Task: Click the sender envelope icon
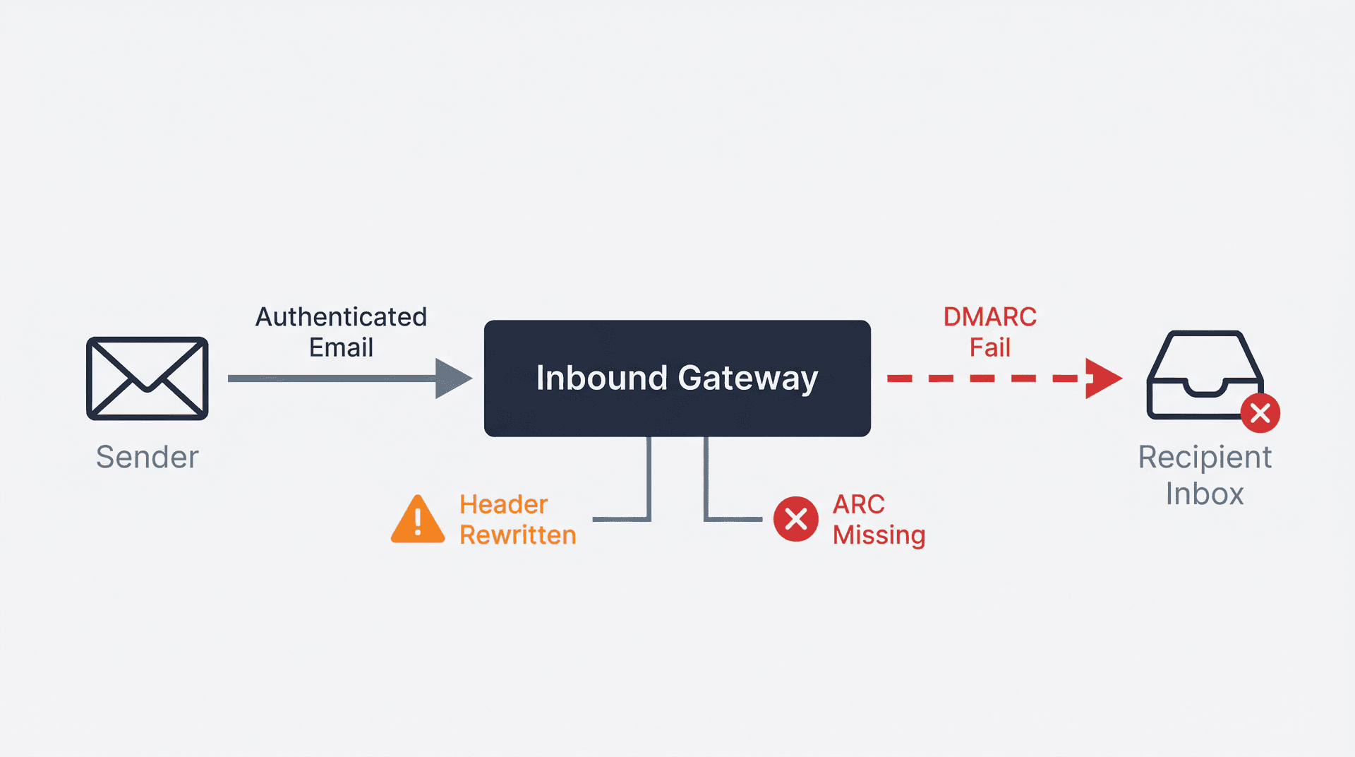pyautogui.click(x=147, y=378)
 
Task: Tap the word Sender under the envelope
pyautogui.click(x=147, y=457)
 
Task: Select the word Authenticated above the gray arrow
pyautogui.click(x=341, y=317)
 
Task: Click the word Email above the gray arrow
pyautogui.click(x=341, y=347)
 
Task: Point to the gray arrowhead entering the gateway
pyautogui.click(x=452, y=378)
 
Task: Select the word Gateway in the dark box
pyautogui.click(x=748, y=379)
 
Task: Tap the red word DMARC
pyautogui.click(x=989, y=317)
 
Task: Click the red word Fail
pyautogui.click(x=989, y=347)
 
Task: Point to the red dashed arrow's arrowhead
pyautogui.click(x=1102, y=378)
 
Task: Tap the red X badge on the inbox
pyautogui.click(x=1260, y=413)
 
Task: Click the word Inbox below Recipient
pyautogui.click(x=1204, y=494)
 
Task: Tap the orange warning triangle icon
pyautogui.click(x=418, y=521)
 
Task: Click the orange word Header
pyautogui.click(x=503, y=504)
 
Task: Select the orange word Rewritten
pyautogui.click(x=517, y=535)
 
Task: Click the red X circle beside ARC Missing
pyautogui.click(x=795, y=519)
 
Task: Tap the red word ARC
pyautogui.click(x=858, y=504)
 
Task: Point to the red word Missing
pyautogui.click(x=879, y=536)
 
